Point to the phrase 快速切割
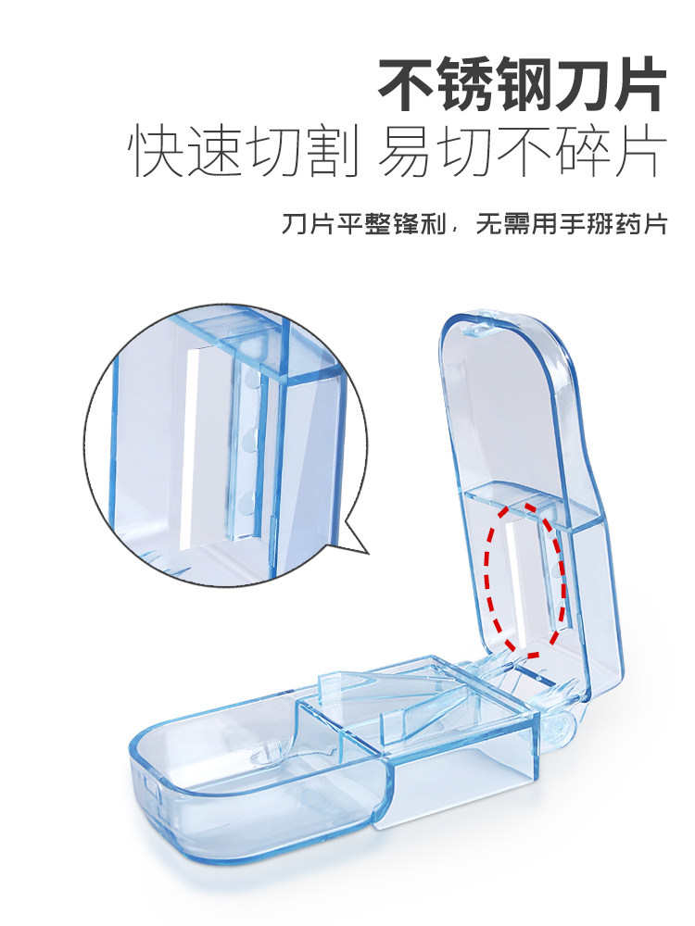[244, 154]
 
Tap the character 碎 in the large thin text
[583, 154]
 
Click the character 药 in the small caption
[630, 226]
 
